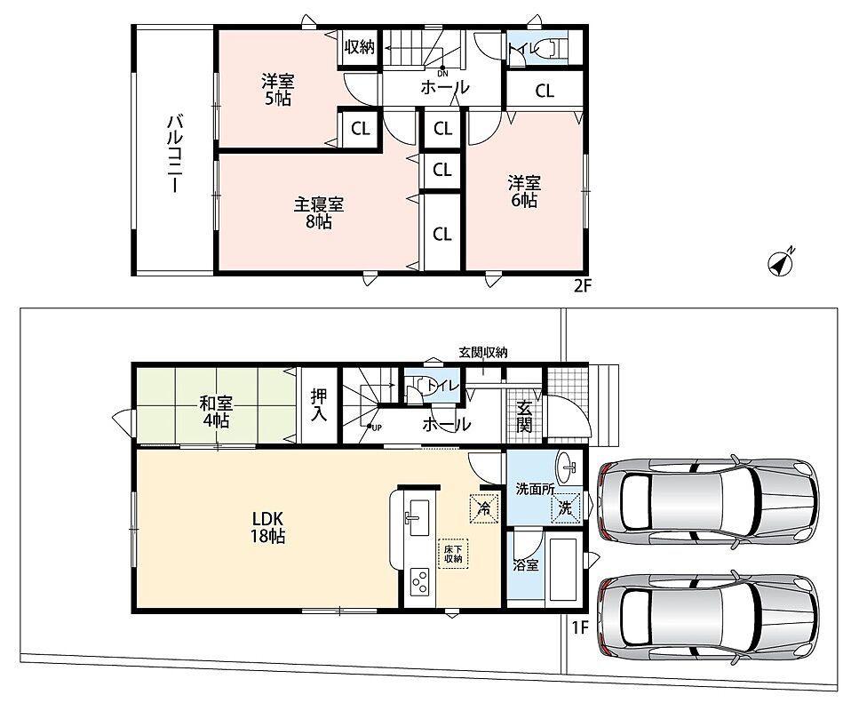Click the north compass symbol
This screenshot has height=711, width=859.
[x=781, y=264]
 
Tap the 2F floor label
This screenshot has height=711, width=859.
[x=583, y=285]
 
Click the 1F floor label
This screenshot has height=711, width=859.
[x=580, y=627]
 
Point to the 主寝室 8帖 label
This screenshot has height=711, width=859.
[x=319, y=213]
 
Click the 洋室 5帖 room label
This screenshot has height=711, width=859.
[x=277, y=91]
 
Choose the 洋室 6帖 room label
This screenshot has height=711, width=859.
[x=524, y=191]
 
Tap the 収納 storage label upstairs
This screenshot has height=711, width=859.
[x=360, y=47]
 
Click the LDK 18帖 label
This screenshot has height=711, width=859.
[x=267, y=527]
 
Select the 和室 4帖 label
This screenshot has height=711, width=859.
[x=216, y=412]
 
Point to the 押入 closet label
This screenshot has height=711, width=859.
[x=319, y=405]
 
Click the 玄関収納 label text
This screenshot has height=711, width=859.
[x=483, y=353]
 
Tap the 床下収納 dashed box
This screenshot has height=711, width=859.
[x=453, y=554]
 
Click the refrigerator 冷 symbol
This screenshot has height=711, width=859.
[x=484, y=508]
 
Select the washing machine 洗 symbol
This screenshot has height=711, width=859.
[x=565, y=508]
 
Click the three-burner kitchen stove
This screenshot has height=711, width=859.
[x=420, y=582]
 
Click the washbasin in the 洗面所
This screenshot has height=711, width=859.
[x=569, y=467]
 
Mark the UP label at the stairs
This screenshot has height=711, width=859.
[x=377, y=427]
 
